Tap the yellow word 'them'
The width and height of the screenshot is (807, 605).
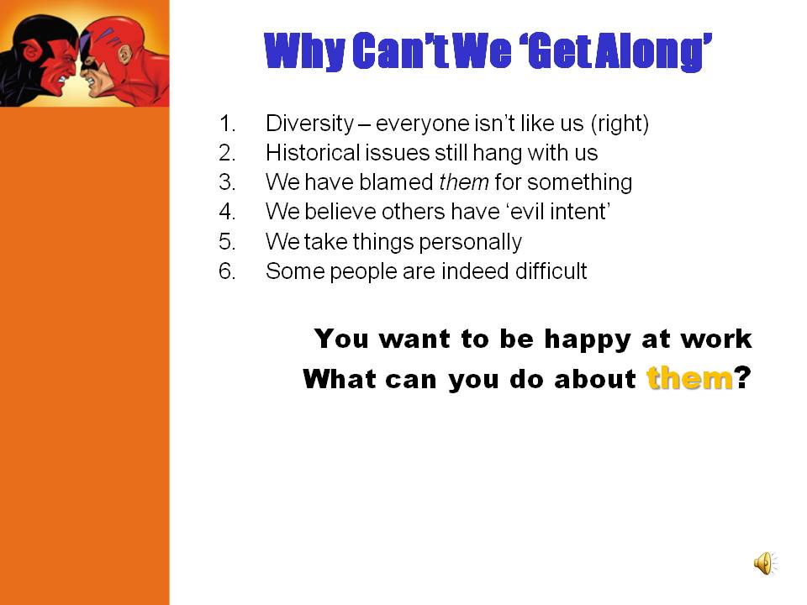pos(689,378)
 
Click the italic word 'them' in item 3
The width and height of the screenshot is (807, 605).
pos(464,182)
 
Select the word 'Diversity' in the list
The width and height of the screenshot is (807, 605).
pos(310,124)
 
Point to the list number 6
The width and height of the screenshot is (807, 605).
pos(227,271)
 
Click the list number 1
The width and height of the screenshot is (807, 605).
pos(227,124)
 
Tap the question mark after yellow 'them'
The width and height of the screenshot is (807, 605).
pos(742,378)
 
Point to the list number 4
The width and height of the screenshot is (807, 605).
pos(227,212)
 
